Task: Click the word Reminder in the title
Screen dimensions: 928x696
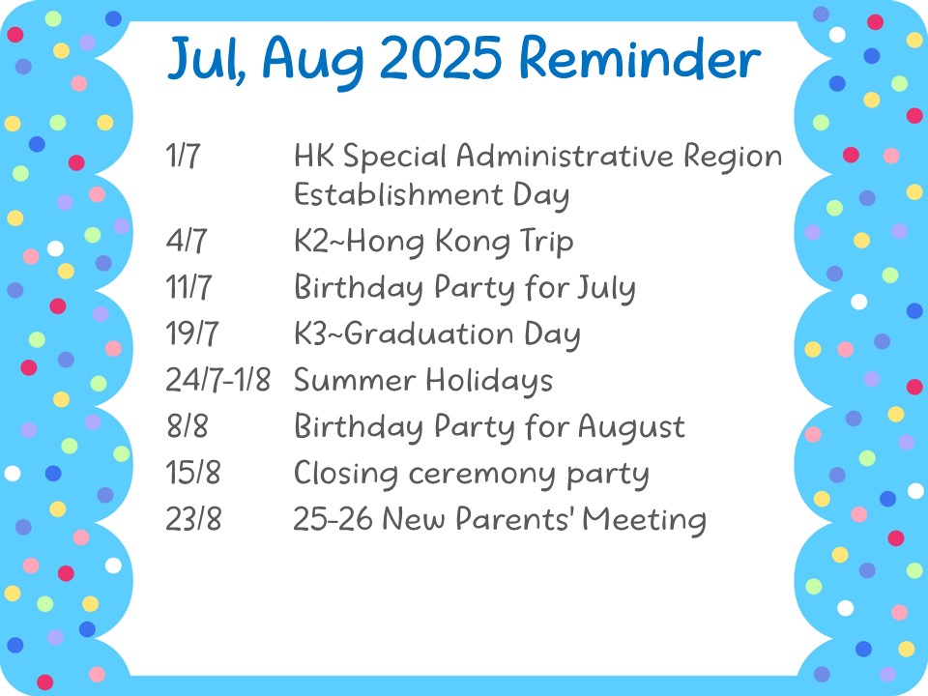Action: pos(640,58)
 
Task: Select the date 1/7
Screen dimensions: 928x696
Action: pos(183,156)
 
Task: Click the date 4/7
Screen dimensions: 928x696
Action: pos(187,241)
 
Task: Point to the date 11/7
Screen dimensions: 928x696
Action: pos(188,287)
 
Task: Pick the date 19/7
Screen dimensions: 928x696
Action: pos(191,333)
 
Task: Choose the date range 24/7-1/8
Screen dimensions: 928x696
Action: pos(217,379)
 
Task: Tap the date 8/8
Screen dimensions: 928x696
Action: pos(187,425)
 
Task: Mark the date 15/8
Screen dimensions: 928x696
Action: pos(193,473)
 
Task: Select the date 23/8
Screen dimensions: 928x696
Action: pos(193,518)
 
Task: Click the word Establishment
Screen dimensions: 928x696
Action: pos(398,194)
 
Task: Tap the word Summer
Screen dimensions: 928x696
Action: pos(355,380)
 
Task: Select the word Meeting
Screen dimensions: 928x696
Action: pos(644,520)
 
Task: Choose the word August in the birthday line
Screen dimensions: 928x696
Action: pos(631,427)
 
